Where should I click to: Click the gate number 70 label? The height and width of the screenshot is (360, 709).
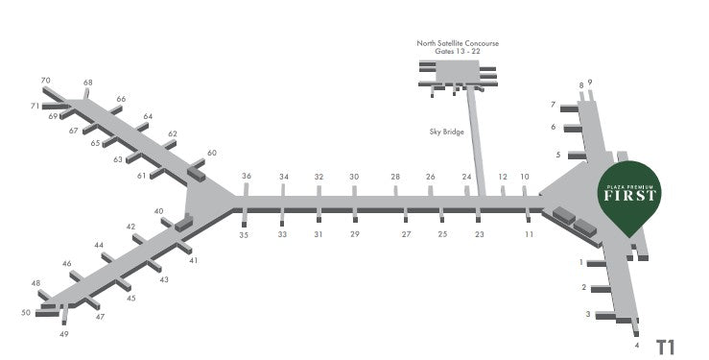[x=45, y=81]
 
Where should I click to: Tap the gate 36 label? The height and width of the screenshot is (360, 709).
[x=247, y=176]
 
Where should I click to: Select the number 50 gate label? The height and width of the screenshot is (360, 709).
[x=26, y=313]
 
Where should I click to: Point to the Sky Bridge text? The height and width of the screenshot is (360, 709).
[x=447, y=132]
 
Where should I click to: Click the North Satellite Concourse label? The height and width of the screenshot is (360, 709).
[x=458, y=43]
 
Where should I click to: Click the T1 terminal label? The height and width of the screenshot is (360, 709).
[x=666, y=348]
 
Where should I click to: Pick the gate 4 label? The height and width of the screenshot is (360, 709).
[x=637, y=346]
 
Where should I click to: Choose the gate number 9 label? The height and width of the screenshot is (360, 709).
[x=590, y=83]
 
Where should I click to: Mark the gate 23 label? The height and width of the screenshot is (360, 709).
[x=480, y=234]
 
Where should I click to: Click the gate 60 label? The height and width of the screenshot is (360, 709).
[x=212, y=153]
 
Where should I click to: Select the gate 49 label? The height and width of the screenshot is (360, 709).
[x=64, y=334]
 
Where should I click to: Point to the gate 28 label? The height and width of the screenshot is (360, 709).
[x=395, y=177]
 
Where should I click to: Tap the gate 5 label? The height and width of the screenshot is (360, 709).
[x=558, y=155]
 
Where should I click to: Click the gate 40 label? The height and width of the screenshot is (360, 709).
[x=158, y=211]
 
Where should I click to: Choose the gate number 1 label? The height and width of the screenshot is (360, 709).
[x=581, y=262]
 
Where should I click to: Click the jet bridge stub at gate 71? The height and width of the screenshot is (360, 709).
[x=55, y=107]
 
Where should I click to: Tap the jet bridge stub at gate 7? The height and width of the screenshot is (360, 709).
[x=569, y=108]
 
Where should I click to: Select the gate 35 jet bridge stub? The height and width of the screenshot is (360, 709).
[x=245, y=217]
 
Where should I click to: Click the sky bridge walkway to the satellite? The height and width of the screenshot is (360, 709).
[x=476, y=141]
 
